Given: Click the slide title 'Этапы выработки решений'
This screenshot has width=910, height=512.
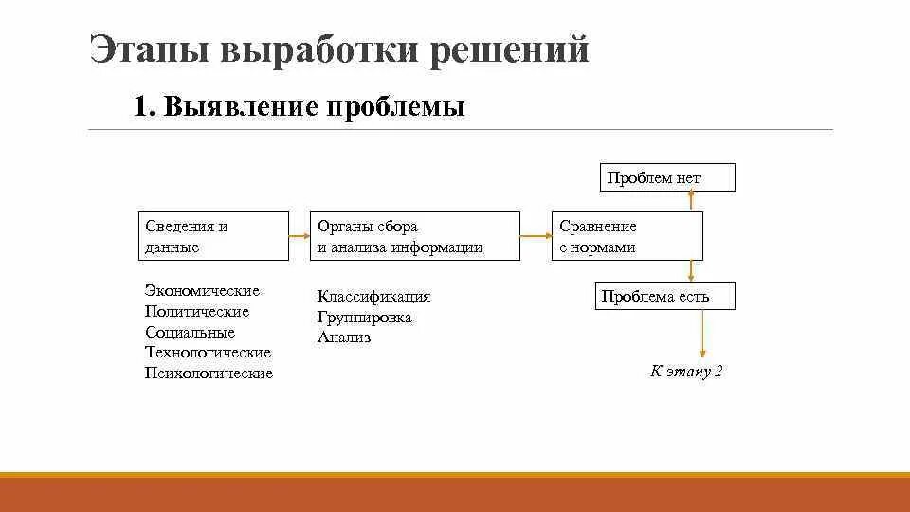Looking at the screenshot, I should tap(339, 49).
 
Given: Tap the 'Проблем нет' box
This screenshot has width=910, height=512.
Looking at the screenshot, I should tap(667, 177).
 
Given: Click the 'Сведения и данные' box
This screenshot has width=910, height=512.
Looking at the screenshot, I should tap(213, 236).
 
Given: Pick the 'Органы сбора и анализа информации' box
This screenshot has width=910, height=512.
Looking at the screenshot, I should tap(416, 236).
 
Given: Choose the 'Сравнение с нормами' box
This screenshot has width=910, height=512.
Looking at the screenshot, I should tap(628, 236).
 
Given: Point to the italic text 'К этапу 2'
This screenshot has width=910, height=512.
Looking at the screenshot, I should tap(686, 371).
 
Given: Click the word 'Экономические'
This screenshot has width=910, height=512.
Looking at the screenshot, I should tap(202, 290).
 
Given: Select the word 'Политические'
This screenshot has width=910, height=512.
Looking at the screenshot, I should tap(197, 311).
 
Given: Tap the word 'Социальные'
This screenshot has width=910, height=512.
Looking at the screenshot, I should tap(190, 332).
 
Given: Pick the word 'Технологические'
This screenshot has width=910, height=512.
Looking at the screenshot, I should tap(208, 353).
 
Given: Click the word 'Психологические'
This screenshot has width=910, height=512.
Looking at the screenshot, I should tap(209, 374).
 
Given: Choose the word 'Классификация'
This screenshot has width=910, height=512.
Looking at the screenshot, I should tap(373, 297).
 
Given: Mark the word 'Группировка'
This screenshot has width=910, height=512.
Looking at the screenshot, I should tap(364, 318).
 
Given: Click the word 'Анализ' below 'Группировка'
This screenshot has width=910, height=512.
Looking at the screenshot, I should tap(344, 338).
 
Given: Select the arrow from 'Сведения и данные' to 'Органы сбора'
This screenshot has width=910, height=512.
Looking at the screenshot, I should tap(300, 236).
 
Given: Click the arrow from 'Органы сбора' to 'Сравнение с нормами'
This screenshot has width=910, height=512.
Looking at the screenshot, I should tap(536, 236).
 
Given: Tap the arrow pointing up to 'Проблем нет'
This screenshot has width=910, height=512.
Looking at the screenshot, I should tap(692, 200).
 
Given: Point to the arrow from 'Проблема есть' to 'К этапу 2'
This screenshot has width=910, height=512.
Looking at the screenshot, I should tap(702, 333).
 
